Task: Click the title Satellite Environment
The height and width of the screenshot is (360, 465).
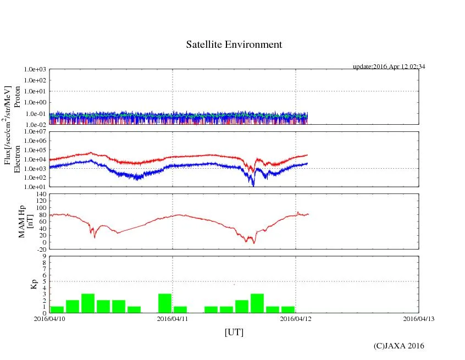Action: [x=234, y=45]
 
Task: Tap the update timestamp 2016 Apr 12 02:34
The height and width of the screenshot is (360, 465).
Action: [x=389, y=67]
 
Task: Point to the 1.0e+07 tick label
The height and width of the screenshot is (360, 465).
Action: [x=35, y=132]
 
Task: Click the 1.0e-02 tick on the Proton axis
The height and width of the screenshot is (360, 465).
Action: [x=35, y=125]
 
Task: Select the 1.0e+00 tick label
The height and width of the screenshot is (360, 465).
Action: [x=35, y=103]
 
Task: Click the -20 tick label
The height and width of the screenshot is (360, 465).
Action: [x=40, y=249]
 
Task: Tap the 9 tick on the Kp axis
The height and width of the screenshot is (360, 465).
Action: [x=43, y=256]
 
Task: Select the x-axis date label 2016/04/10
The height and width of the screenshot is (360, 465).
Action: [x=49, y=319]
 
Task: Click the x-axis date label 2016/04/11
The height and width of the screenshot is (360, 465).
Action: [x=173, y=319]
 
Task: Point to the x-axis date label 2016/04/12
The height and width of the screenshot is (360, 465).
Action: [x=296, y=319]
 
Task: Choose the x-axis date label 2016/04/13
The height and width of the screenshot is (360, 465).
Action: [x=418, y=319]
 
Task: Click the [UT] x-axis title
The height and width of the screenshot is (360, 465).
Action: [x=234, y=332]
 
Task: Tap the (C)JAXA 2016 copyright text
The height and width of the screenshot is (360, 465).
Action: [x=398, y=346]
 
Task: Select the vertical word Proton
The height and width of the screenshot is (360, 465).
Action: [x=17, y=97]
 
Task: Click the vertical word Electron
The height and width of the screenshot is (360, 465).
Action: [x=17, y=159]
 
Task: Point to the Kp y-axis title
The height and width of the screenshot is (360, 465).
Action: [x=17, y=284]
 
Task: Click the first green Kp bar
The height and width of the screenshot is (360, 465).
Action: [x=57, y=309]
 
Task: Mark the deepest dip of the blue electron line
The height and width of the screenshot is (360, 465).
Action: [x=253, y=185]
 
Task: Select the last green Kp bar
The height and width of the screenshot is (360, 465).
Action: [x=288, y=309]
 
